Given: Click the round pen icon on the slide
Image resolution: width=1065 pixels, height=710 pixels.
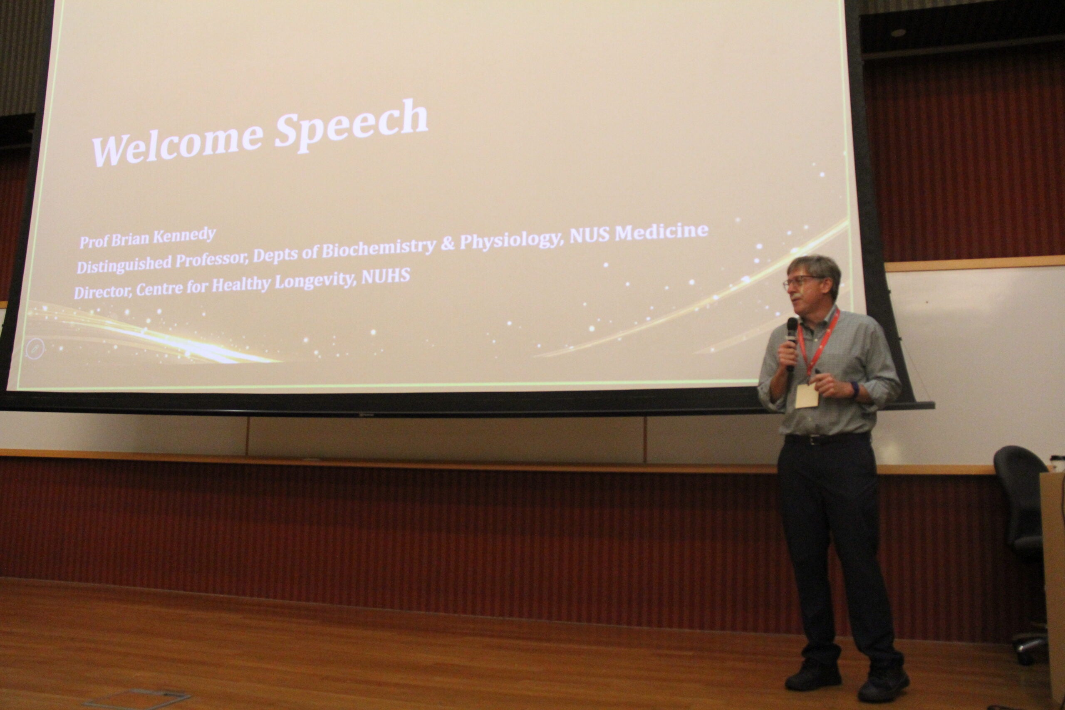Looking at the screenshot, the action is coord(35,349).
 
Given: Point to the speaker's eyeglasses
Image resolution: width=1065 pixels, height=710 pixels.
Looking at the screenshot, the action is coord(802,282).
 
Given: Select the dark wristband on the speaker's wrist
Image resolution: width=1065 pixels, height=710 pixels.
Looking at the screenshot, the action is coord(854,389).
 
